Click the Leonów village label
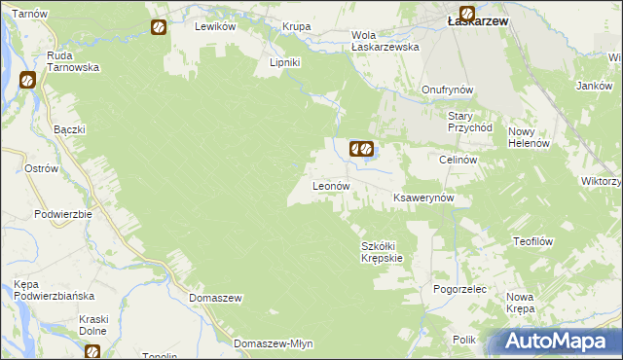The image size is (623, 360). click(x=330, y=185)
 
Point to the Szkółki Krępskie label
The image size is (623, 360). click(x=382, y=252)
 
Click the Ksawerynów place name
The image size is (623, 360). click(x=430, y=197)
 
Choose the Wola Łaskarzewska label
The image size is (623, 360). click(x=385, y=40)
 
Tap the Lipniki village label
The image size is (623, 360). click(x=284, y=62)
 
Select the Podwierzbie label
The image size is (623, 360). click(x=62, y=214)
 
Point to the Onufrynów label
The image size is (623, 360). click(x=448, y=90)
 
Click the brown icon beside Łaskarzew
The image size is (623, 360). click(x=467, y=15)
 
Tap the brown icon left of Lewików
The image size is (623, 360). click(x=159, y=27)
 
